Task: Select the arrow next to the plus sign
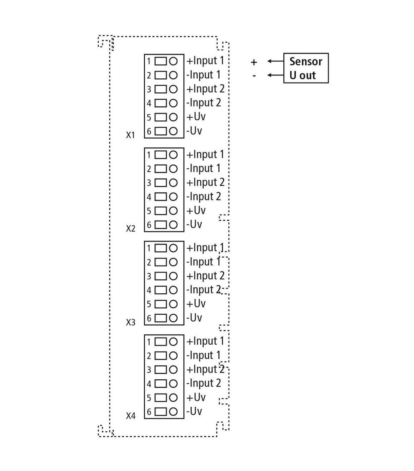pos(275,61)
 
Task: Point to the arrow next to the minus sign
pos(275,75)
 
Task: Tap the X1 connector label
pos(131,135)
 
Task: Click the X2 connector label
pos(131,229)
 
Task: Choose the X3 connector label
pos(131,322)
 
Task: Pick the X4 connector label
pos(131,416)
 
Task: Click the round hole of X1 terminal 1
pos(173,61)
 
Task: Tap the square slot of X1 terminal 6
pos(161,131)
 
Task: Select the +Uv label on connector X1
pos(196,117)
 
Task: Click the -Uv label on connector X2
pos(194,224)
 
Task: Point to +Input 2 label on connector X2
pos(206,182)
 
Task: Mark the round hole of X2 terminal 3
pos(173,183)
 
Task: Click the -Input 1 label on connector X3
pos(203,262)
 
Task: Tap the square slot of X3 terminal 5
pos(161,304)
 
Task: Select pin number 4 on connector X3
pos(149,290)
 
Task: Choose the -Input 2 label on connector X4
pos(204,384)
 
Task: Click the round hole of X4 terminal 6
pos(173,411)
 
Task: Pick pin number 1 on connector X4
pos(149,342)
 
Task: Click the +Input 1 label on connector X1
pos(206,61)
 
